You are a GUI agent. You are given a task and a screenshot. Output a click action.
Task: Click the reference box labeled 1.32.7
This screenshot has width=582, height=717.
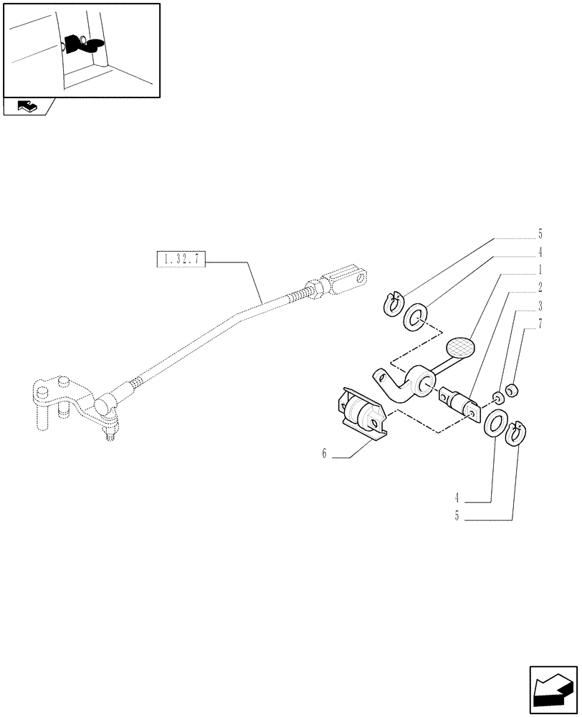(181, 260)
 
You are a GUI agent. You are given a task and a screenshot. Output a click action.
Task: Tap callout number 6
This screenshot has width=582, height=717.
(324, 454)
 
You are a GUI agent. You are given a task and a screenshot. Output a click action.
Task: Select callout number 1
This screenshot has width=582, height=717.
(540, 271)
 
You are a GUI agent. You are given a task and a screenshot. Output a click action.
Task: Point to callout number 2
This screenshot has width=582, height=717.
(540, 289)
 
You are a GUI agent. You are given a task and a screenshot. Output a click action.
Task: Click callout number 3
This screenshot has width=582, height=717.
(540, 307)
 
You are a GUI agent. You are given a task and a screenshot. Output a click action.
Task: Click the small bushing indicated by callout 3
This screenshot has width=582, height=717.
(496, 397)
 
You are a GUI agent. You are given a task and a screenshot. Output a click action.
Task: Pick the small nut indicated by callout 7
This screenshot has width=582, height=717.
(512, 390)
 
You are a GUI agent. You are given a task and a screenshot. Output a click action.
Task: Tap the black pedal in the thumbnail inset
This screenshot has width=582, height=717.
(83, 44)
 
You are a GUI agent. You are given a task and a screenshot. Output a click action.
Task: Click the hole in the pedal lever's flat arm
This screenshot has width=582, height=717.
(381, 375)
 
